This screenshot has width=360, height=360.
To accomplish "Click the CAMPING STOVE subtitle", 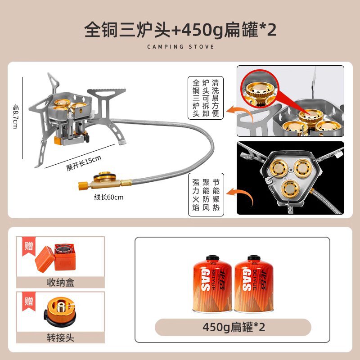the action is click(180, 47).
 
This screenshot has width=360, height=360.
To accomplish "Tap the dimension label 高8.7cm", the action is click(16, 116).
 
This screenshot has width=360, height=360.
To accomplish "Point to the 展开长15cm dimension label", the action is click(84, 163).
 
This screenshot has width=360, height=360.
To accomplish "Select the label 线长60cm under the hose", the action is click(108, 197).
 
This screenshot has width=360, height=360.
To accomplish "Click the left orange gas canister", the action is click(212, 283).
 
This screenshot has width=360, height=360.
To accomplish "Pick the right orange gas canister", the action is click(254, 283).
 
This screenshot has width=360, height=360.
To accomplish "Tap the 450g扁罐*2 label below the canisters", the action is click(234, 327).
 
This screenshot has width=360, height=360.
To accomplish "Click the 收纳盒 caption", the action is click(60, 283).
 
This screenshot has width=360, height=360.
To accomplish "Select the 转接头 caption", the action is click(60, 338).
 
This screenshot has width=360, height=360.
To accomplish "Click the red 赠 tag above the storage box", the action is click(29, 246).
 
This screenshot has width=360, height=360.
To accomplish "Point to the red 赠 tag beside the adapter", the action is click(29, 301).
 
